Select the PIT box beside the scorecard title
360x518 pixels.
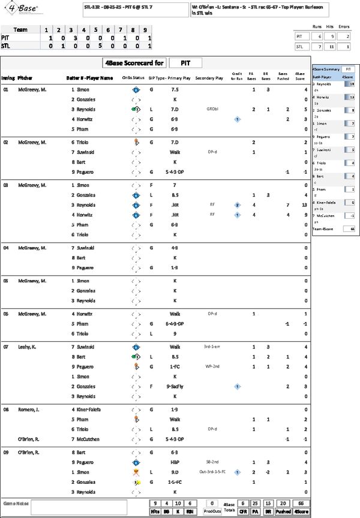185,63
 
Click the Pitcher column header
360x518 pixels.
25,78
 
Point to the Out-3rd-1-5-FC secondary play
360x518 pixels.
214,472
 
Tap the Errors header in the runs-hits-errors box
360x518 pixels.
344,26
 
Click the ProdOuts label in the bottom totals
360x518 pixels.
211,512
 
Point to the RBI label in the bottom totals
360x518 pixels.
189,512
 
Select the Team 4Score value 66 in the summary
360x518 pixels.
347,228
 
